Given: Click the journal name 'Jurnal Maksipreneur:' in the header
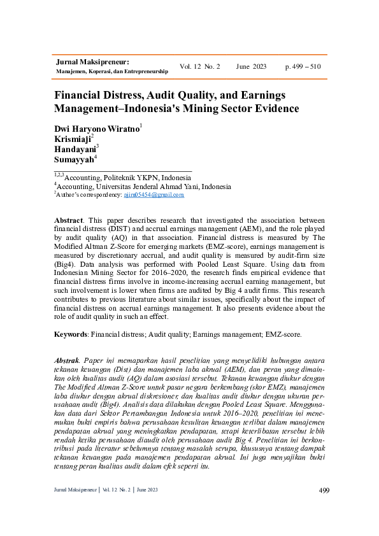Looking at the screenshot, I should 93,62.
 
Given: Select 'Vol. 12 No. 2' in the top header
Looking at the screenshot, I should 199,67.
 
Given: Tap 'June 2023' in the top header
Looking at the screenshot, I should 251,67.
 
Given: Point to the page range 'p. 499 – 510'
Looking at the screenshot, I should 303,67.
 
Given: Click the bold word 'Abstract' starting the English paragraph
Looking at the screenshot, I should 68,219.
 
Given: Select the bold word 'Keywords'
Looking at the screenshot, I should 71,334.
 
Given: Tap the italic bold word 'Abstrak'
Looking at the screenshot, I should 67,360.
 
